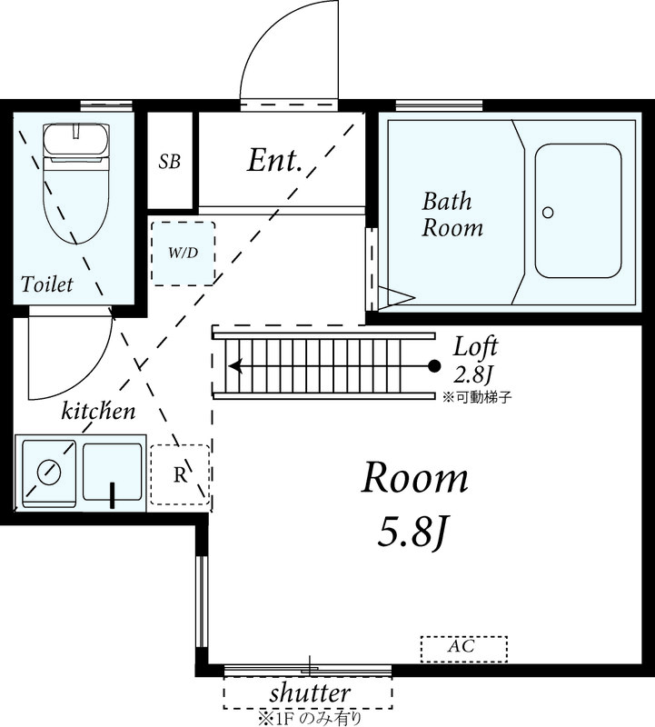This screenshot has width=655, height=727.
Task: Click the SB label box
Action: [170, 162]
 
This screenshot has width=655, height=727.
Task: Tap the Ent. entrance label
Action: [274, 161]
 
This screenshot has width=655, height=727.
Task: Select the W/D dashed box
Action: [183, 253]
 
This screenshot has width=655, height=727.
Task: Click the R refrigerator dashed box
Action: [180, 474]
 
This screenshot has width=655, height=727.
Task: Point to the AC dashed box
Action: [463, 648]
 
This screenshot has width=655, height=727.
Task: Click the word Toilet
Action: [47, 284]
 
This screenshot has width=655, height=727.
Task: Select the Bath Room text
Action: [452, 214]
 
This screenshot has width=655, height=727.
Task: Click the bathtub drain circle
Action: [548, 213]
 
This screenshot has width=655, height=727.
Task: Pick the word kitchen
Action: [98, 411]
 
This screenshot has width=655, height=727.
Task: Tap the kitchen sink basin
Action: [113, 471]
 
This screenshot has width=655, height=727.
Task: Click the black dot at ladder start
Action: [434, 367]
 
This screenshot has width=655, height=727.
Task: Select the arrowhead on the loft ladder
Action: [234, 367]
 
